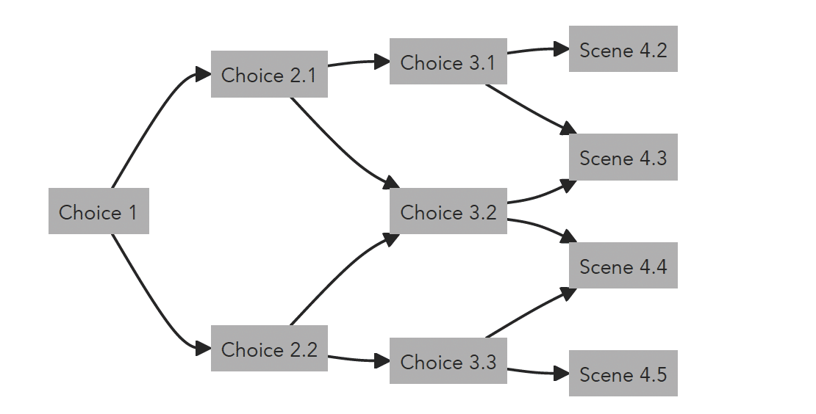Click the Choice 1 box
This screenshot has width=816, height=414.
tap(99, 211)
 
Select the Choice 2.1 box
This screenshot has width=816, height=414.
tap(269, 74)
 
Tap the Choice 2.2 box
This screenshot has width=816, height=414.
tap(269, 349)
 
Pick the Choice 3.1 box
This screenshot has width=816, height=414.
tap(448, 62)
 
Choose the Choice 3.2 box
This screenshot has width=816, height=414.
tap(448, 211)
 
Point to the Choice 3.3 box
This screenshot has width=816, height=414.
tap(448, 361)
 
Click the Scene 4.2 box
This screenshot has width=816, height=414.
tap(623, 49)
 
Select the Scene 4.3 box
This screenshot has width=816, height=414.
tap(623, 157)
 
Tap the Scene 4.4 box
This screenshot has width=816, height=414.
tap(623, 265)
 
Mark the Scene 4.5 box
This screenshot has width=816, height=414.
tap(623, 373)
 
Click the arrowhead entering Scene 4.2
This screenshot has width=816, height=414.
tap(562, 49)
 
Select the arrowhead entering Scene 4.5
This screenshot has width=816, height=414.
tap(562, 373)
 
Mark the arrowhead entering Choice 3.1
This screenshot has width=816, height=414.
tap(382, 62)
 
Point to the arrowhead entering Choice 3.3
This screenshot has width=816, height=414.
tap(382, 360)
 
